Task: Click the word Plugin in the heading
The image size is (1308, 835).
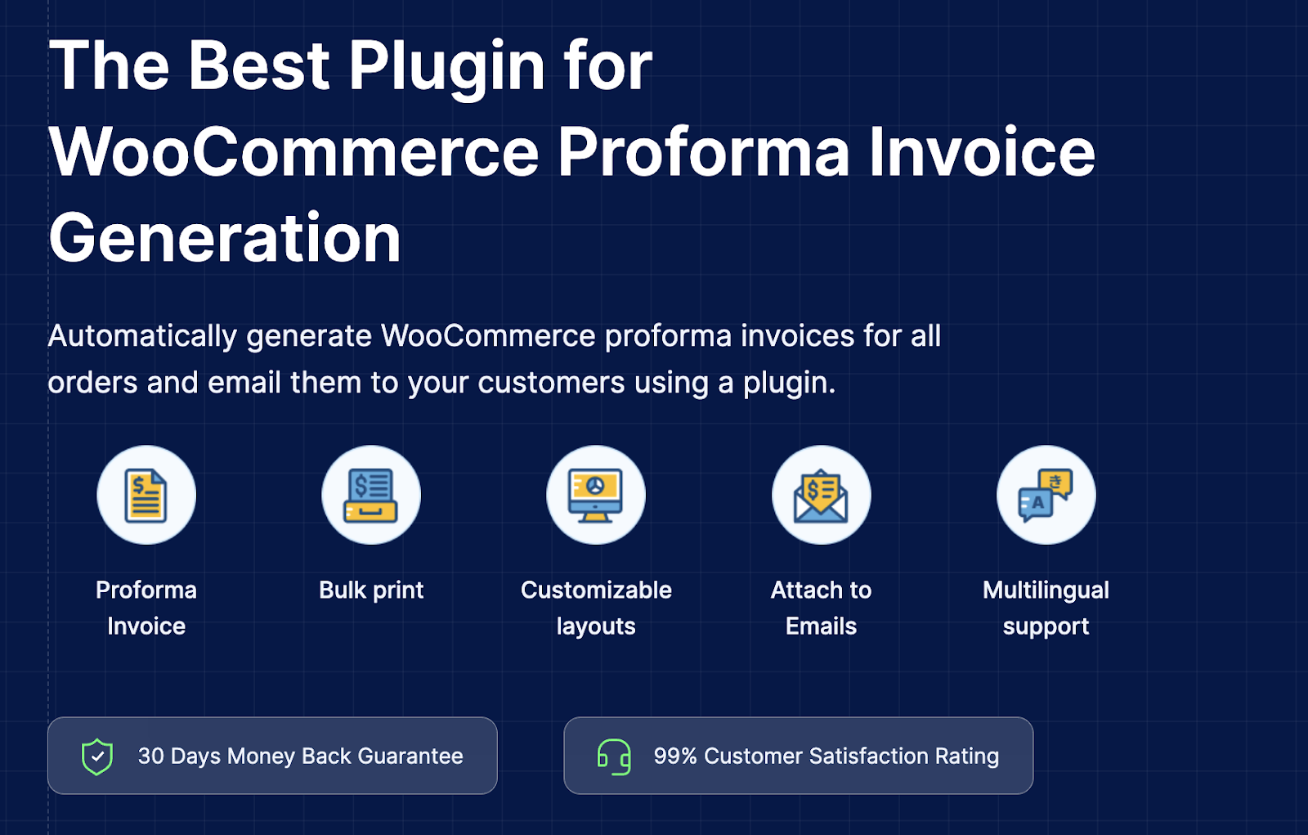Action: click(x=446, y=67)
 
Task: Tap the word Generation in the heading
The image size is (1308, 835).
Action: click(x=225, y=238)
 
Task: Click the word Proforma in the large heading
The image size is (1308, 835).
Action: click(x=703, y=152)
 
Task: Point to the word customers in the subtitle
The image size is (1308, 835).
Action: click(x=551, y=383)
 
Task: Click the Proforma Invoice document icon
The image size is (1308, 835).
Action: click(x=146, y=496)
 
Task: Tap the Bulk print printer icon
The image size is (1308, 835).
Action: click(x=371, y=496)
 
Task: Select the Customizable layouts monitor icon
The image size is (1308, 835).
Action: click(x=596, y=496)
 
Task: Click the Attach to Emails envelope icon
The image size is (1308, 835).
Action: click(x=821, y=496)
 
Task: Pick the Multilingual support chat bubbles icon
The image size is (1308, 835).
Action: click(x=1046, y=496)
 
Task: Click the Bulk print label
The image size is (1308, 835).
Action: click(x=371, y=590)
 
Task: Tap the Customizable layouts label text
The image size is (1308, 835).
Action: click(x=596, y=608)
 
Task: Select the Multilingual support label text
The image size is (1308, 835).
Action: click(x=1046, y=608)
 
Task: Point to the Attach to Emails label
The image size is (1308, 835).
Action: click(x=821, y=608)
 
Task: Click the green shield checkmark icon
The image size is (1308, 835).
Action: click(x=97, y=756)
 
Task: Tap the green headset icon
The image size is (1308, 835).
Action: click(x=614, y=756)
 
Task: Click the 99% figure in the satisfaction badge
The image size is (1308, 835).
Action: click(x=674, y=756)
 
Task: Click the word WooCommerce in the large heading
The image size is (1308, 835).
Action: click(x=294, y=152)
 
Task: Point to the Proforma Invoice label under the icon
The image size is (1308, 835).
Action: click(x=146, y=608)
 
